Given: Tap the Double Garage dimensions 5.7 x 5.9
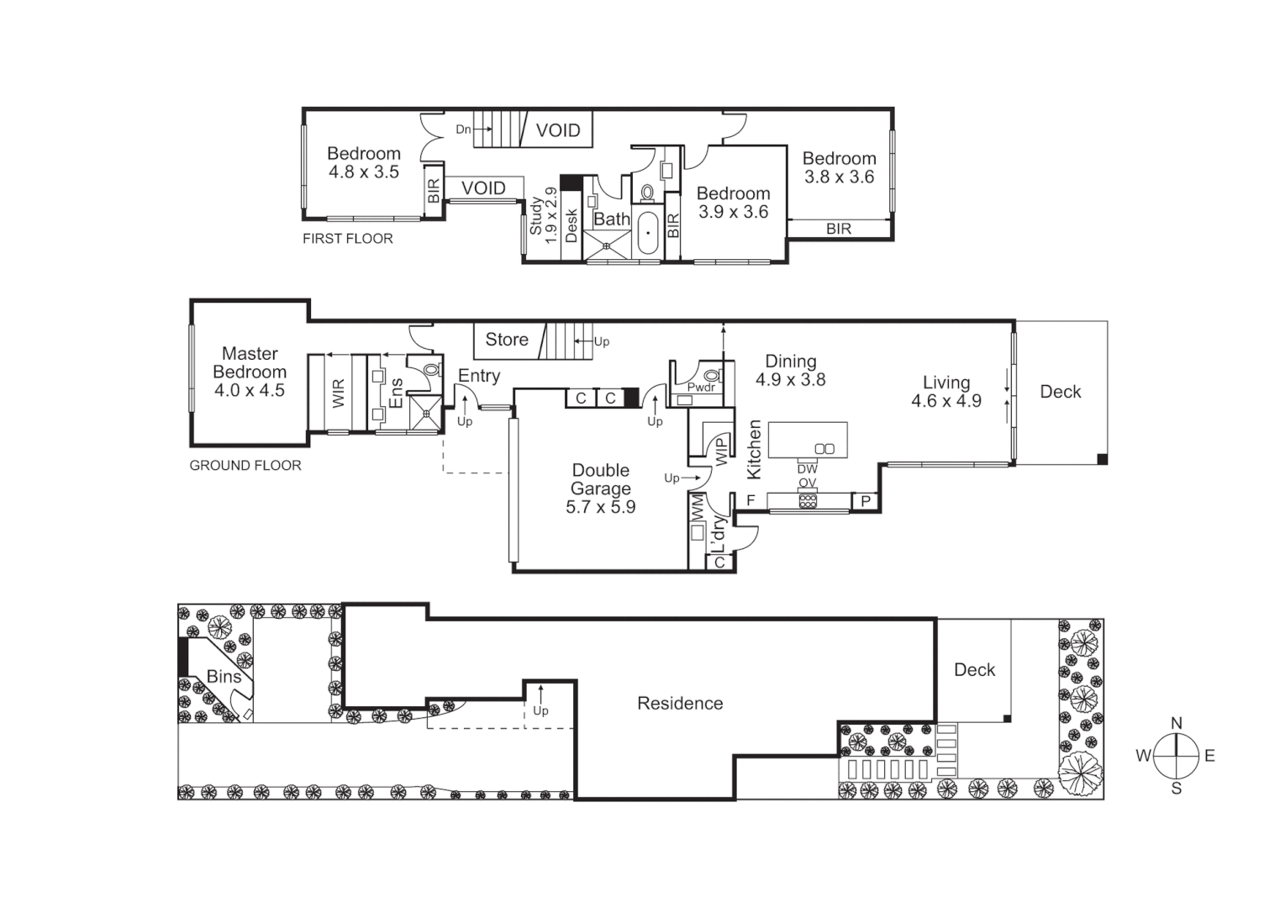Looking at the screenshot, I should click(600, 507).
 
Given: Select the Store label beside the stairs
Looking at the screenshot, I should click(507, 340).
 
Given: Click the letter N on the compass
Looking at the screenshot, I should click(1177, 723).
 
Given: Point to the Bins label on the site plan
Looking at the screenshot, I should click(224, 677).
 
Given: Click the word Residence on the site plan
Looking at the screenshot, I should click(680, 704).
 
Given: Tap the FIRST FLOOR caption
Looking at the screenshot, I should click(348, 239).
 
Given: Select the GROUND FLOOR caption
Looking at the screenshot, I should click(245, 465).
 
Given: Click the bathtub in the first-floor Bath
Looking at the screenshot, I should click(648, 233).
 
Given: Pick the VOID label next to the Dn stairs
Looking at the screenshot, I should click(558, 130).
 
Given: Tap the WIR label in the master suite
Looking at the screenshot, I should click(339, 393).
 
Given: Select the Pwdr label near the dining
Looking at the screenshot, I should click(701, 388).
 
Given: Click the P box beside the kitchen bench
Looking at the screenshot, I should click(866, 502).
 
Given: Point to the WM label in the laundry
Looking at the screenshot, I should click(698, 507).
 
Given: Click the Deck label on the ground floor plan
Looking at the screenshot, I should click(1060, 392).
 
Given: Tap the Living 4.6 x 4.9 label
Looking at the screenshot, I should click(946, 392).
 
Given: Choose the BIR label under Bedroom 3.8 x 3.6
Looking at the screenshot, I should click(838, 229).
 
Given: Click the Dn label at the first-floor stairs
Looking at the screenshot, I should click(463, 129).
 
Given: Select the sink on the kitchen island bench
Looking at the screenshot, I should click(824, 449).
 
